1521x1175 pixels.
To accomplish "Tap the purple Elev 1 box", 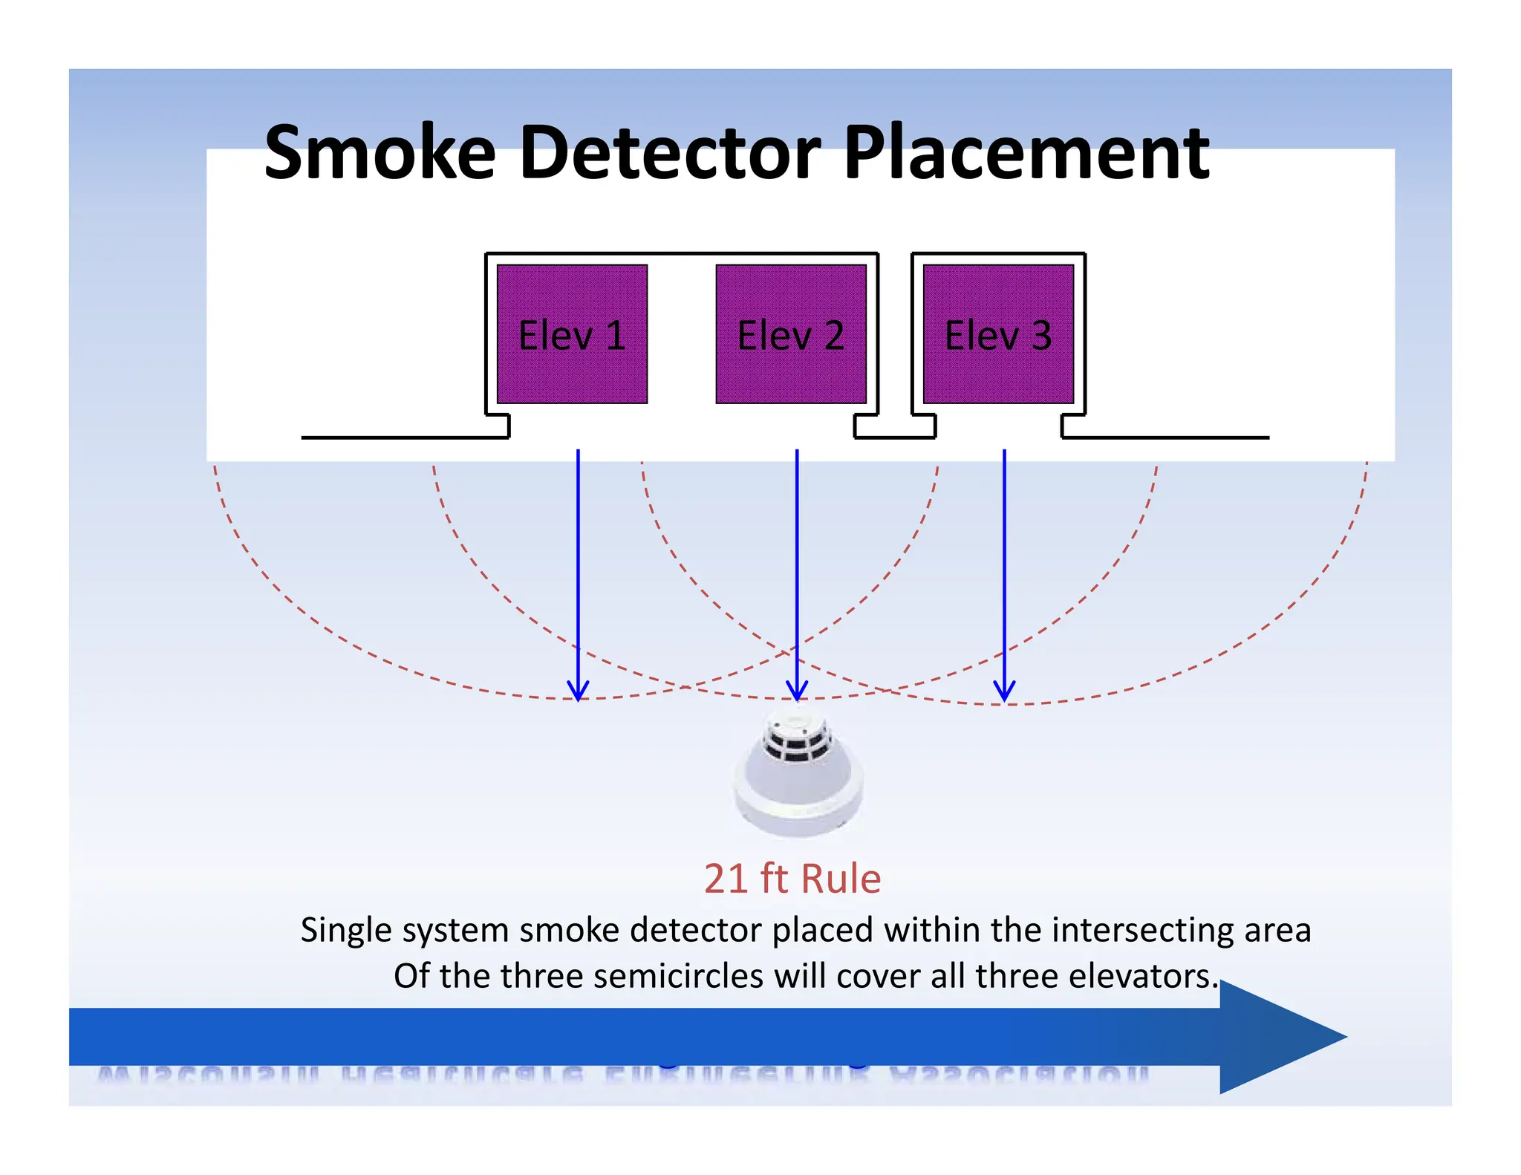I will pyautogui.click(x=572, y=333).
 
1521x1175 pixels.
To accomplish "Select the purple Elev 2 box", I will pyautogui.click(x=791, y=333).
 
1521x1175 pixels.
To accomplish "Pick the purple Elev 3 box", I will pyautogui.click(x=998, y=333).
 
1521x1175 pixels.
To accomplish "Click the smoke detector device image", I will pyautogui.click(x=798, y=776).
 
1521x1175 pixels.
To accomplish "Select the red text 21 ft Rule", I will pyautogui.click(x=792, y=879).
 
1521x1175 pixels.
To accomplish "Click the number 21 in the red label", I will pyautogui.click(x=726, y=879).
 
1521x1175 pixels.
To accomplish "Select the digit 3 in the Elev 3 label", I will pyautogui.click(x=1041, y=335).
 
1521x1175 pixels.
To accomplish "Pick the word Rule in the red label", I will pyautogui.click(x=841, y=879).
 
